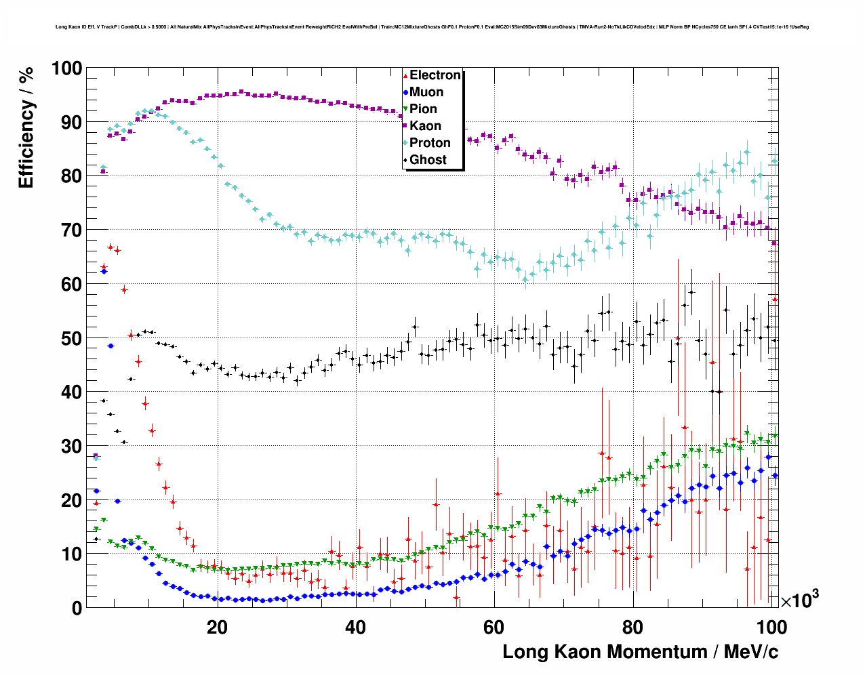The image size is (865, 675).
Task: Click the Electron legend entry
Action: coord(435,75)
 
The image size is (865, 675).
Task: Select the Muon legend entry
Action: coord(426,92)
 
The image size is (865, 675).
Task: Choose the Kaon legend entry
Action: coord(425,126)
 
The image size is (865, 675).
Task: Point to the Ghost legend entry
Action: coord(428,160)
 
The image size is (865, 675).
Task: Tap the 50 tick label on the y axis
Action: coord(71,338)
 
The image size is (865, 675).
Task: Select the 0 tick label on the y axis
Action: coord(77,608)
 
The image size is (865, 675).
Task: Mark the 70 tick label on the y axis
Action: coord(71,230)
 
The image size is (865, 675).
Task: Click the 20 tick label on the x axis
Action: coord(217,627)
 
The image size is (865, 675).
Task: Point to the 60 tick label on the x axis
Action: coord(494,627)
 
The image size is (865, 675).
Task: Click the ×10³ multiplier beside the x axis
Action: coord(799,600)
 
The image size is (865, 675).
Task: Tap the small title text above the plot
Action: coord(432,27)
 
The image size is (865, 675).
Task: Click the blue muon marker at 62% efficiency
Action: coord(104,272)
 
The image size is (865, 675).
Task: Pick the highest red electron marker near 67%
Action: coord(110,247)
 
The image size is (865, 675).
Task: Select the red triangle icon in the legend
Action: coord(405,75)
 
